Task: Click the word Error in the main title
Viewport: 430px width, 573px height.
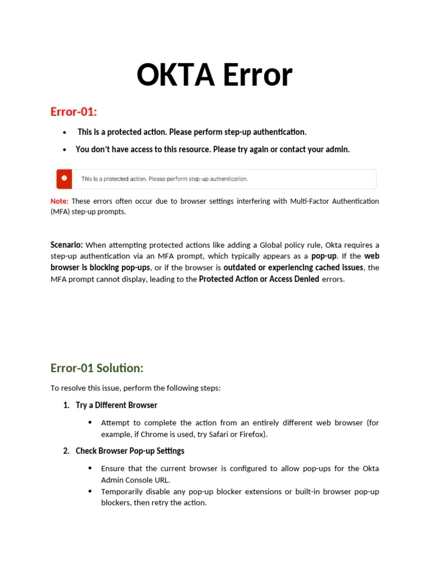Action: pos(255,75)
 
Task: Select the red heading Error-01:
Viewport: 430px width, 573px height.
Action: pos(74,111)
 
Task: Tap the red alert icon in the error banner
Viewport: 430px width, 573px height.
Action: pos(64,179)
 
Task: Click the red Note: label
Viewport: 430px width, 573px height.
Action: pos(59,201)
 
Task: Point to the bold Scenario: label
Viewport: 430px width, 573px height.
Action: pos(67,245)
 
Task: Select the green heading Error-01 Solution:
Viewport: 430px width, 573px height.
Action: pos(97,368)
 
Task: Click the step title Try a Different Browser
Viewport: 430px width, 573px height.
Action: pos(116,405)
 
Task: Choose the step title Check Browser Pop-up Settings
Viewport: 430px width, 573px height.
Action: pos(130,450)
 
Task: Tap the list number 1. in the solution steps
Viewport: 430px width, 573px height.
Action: pos(66,405)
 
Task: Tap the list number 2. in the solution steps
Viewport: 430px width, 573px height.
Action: pos(66,450)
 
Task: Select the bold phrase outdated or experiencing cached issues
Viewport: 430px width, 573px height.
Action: pos(293,267)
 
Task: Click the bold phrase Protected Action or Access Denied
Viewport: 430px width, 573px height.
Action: pos(259,279)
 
